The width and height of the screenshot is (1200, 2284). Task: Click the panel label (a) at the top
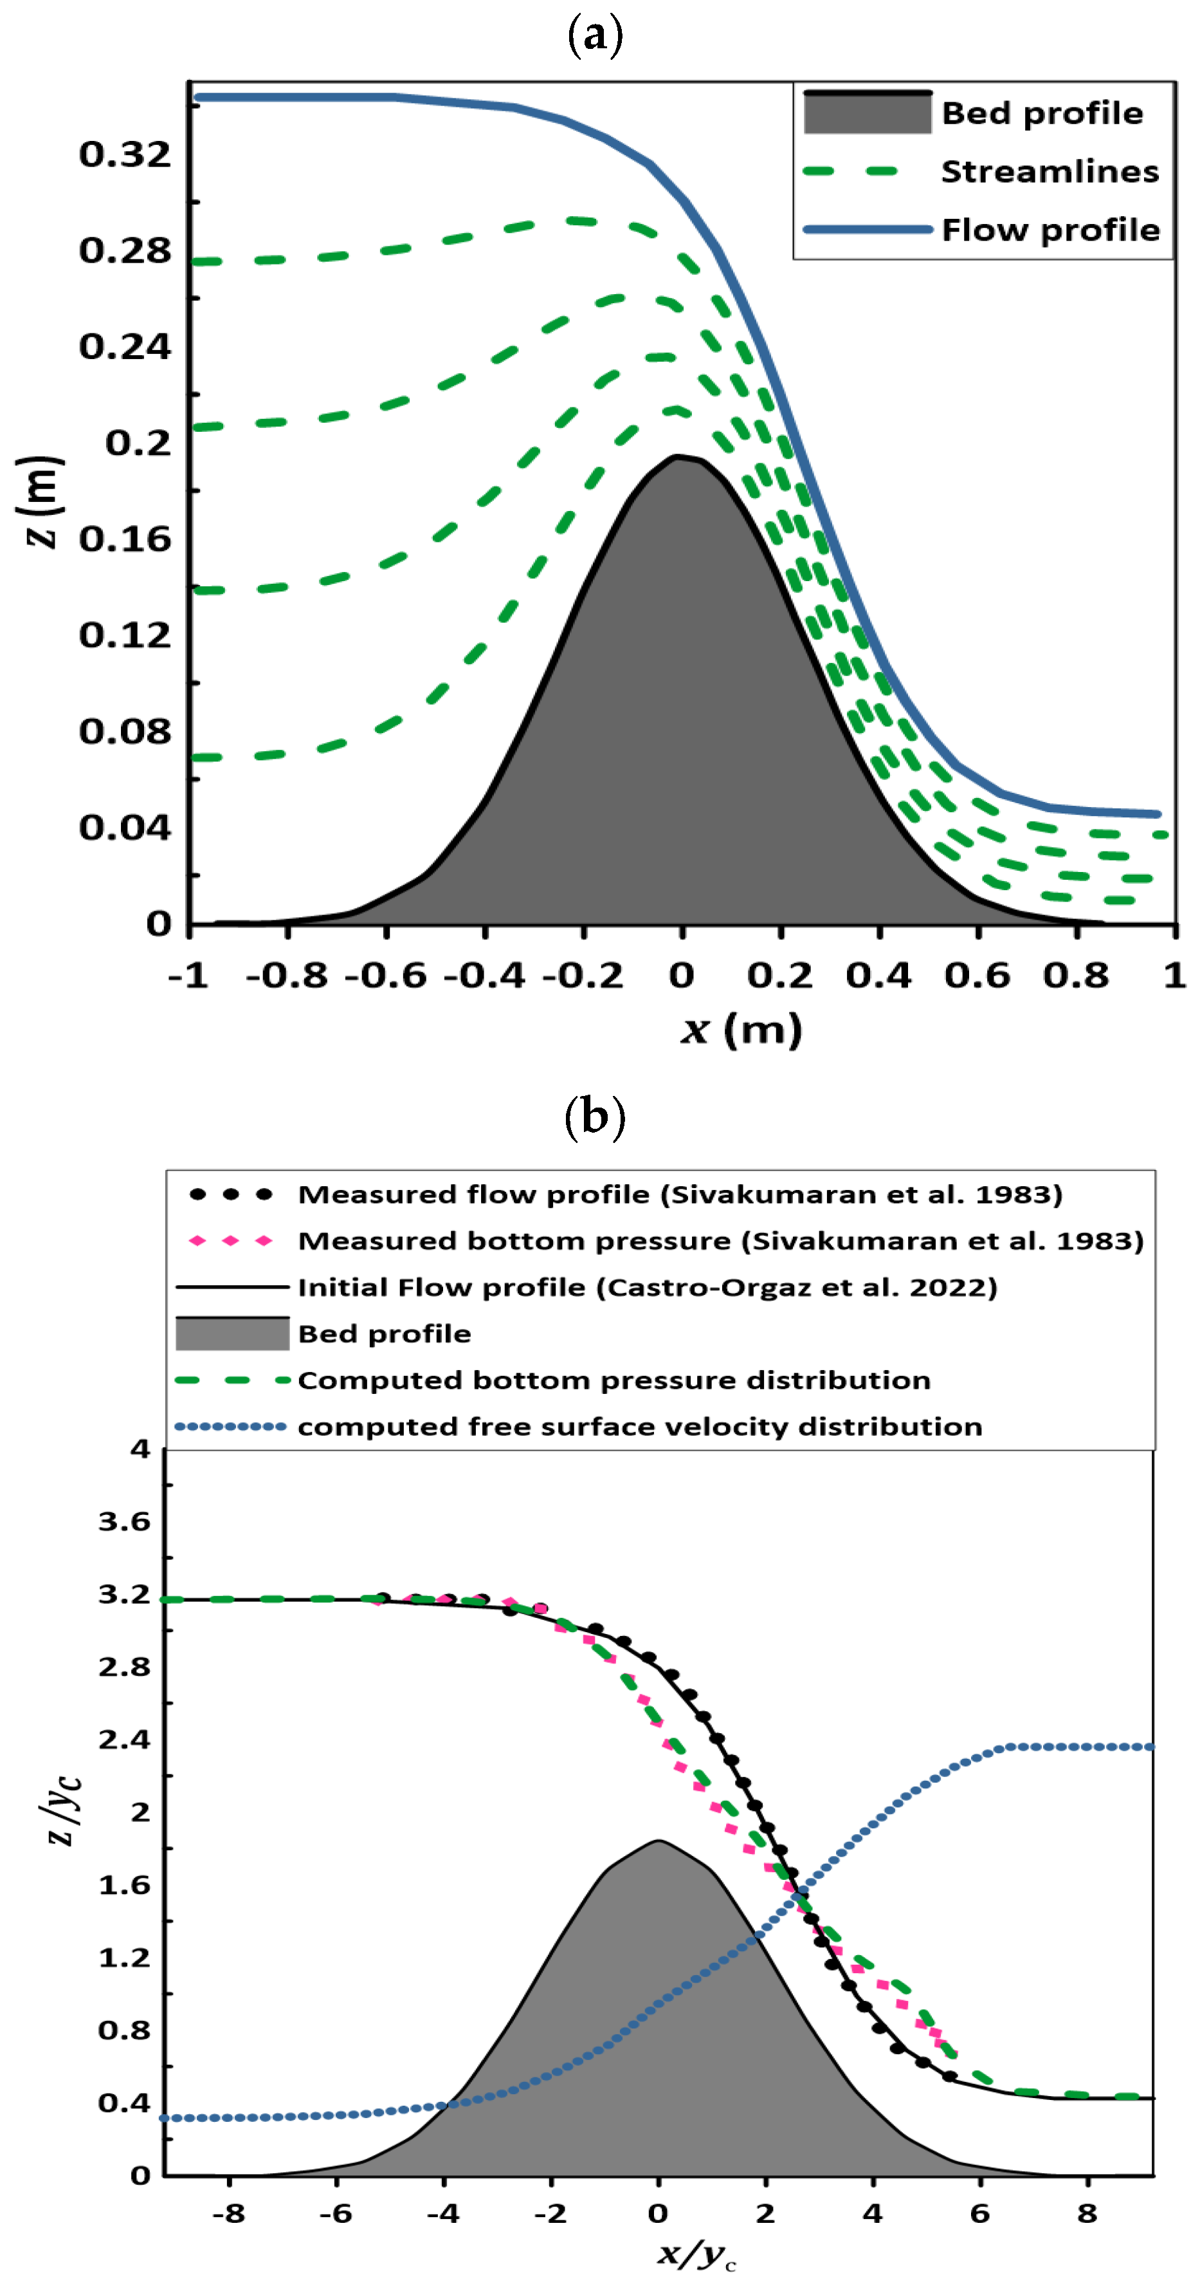595,36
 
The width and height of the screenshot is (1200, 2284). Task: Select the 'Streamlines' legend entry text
1048,171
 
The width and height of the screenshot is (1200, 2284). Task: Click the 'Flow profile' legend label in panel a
1050,230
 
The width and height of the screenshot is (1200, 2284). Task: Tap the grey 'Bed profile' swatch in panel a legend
867,113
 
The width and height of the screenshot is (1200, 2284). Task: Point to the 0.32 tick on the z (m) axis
125,154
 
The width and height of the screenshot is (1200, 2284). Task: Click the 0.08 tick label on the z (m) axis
125,732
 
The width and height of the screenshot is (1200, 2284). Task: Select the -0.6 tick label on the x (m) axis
385,975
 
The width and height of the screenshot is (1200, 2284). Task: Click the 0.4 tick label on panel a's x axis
878,975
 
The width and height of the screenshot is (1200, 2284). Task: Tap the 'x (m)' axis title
741,1030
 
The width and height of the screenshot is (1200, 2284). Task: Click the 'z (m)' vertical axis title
40,502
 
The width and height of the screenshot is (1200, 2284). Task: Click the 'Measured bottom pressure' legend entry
720,1240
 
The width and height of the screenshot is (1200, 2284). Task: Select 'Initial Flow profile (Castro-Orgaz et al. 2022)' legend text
647,1286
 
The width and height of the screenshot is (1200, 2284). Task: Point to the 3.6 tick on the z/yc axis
125,1521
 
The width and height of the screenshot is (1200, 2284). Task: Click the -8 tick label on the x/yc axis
229,2214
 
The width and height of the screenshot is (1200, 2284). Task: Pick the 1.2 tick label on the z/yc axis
125,1957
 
